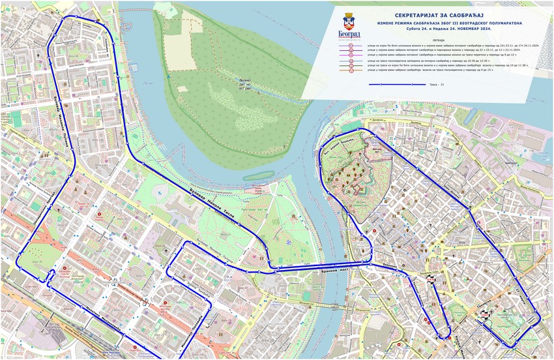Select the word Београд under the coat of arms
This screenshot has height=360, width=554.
[349, 33]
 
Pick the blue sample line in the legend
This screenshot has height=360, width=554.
[392, 85]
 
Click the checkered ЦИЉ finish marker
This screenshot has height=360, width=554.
[484, 315]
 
